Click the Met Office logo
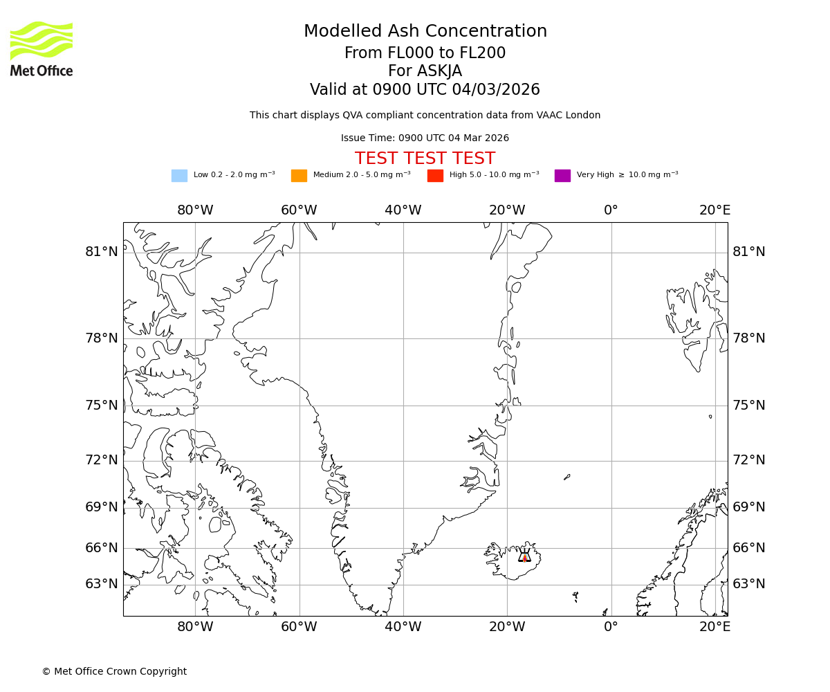(41, 48)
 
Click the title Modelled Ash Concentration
(425, 32)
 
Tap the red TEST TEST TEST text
(425, 158)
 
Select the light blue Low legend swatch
(179, 176)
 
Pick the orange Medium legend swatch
(299, 176)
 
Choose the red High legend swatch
(435, 176)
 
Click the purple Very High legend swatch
(562, 176)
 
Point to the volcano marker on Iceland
(524, 556)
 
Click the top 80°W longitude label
(195, 210)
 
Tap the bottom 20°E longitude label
(714, 627)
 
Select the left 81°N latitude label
(102, 252)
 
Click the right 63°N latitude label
(749, 584)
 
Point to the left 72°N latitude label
(102, 460)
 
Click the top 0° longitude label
(611, 210)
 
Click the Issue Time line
(425, 138)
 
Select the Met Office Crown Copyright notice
(114, 672)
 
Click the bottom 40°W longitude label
(403, 627)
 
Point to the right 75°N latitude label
(749, 406)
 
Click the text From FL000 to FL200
(425, 53)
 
